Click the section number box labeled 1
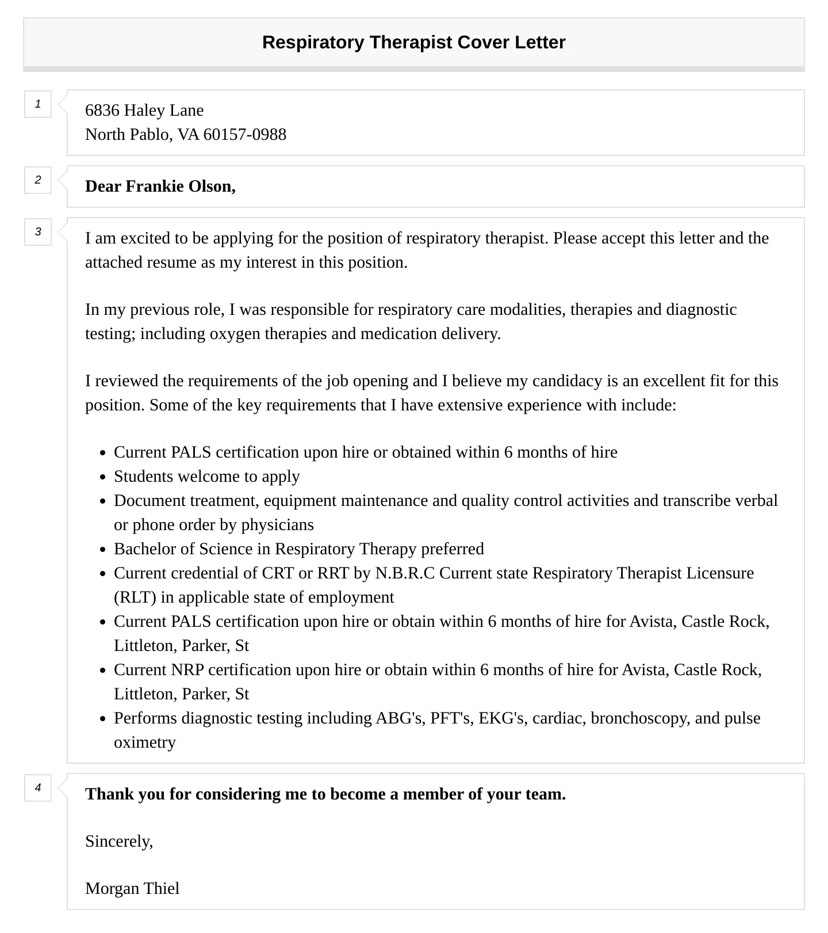point(38,104)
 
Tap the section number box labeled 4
point(38,787)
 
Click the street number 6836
point(102,110)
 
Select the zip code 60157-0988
point(244,134)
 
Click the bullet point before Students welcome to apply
point(102,477)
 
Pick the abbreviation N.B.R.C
point(405,573)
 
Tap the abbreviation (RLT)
point(135,597)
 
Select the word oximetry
point(144,742)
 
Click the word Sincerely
point(118,841)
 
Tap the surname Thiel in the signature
point(161,889)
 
